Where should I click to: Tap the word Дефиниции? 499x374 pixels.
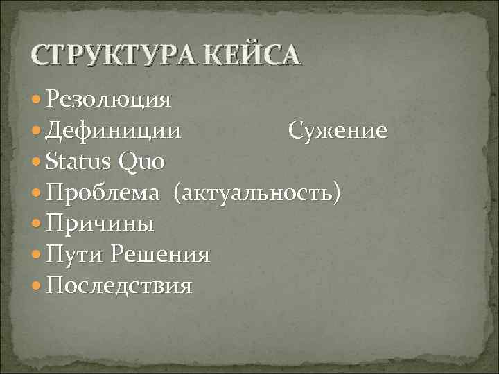114,130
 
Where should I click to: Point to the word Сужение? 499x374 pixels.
338,130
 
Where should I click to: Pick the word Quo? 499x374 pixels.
141,162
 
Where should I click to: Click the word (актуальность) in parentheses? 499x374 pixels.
257,193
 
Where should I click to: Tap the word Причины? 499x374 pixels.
100,224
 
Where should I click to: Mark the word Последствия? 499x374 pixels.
118,285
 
